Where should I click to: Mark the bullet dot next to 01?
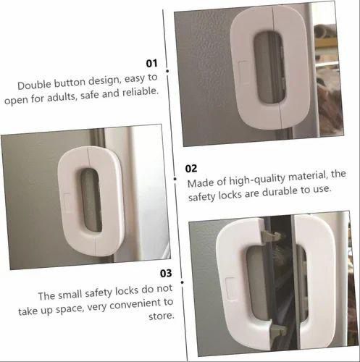click(167, 71)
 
